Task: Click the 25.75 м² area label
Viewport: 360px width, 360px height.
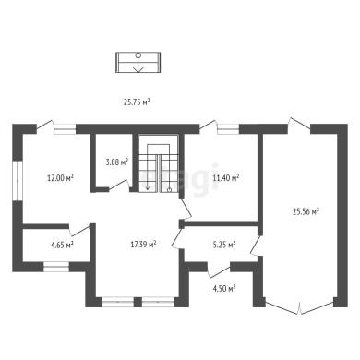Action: [x=137, y=102]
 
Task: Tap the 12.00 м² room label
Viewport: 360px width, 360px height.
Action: [x=60, y=178]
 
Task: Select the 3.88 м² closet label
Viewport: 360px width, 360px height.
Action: [x=117, y=162]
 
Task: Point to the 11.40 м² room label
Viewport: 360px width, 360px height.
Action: [x=226, y=177]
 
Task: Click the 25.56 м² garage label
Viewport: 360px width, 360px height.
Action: [x=306, y=211]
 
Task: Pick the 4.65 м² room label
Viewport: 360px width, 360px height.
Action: [x=62, y=245]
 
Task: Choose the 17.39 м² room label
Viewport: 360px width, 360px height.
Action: [x=143, y=245]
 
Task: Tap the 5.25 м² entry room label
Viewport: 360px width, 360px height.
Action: [x=224, y=245]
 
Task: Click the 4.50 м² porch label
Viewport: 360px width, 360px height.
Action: [x=224, y=288]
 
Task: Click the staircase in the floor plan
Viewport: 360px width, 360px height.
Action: [x=158, y=163]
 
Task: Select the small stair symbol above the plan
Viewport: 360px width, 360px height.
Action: [x=138, y=63]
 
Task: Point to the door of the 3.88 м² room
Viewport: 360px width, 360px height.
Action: [x=119, y=186]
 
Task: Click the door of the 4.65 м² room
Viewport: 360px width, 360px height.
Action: [x=79, y=231]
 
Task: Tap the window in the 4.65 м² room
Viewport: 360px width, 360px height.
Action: [x=56, y=267]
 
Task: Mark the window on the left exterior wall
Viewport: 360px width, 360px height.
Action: [x=18, y=181]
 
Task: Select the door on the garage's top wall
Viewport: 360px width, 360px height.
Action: [x=299, y=124]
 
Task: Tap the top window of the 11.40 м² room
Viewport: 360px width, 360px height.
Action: [x=228, y=128]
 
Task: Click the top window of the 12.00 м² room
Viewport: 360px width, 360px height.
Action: [x=65, y=128]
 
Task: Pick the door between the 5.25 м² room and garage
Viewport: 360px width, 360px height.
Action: [x=256, y=246]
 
